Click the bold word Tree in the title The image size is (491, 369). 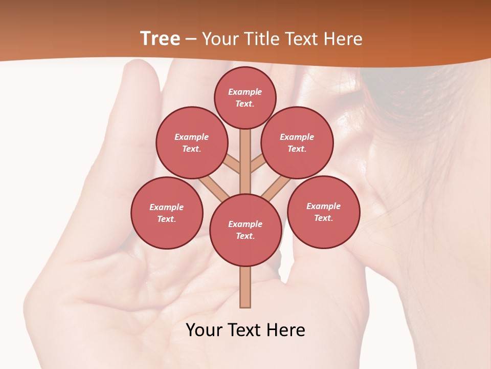point(160,39)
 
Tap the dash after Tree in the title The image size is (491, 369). point(191,39)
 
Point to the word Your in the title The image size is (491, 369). point(219,39)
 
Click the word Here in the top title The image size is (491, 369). point(345,39)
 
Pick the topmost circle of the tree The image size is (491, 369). point(245,97)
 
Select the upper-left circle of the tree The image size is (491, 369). point(192,142)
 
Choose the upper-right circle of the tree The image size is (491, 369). point(297,142)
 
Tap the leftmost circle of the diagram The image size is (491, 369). point(167,213)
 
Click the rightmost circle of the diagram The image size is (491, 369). point(324,212)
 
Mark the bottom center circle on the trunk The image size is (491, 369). point(245,230)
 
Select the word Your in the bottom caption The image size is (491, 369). point(204,330)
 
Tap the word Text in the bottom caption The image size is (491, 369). point(244,330)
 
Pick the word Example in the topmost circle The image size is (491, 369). point(245,92)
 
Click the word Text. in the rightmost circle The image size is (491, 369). point(324,218)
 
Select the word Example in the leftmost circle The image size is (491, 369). point(167,207)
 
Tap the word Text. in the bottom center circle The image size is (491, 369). point(245,236)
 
